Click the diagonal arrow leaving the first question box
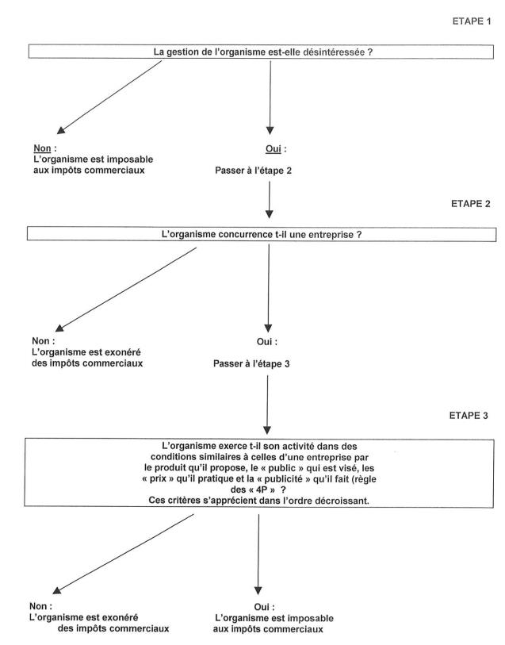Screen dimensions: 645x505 (111, 94)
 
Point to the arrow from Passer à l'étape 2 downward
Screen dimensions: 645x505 (270, 198)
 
